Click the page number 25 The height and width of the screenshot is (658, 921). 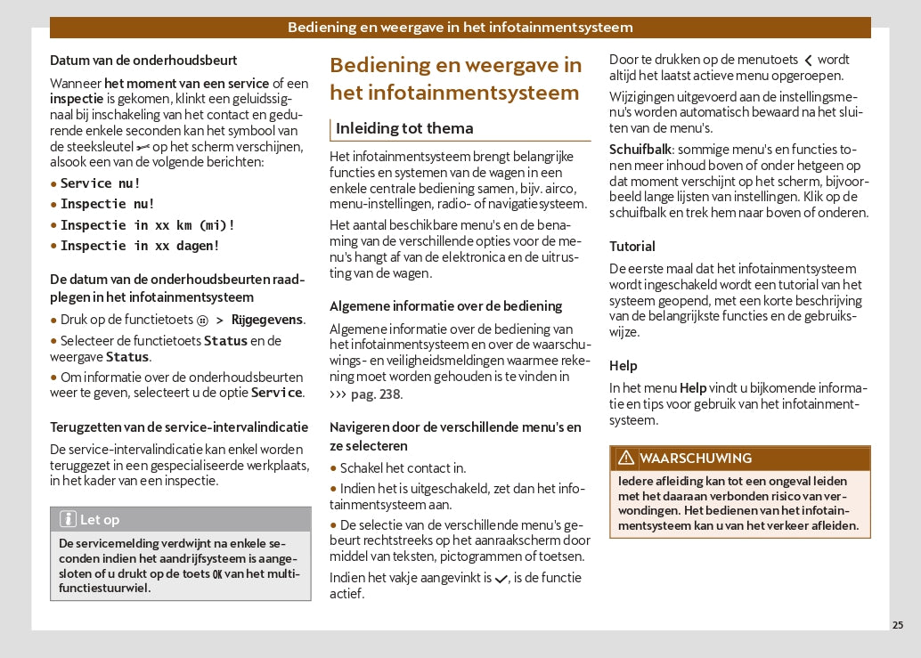click(x=897, y=625)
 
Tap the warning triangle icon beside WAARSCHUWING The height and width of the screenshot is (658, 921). click(x=626, y=458)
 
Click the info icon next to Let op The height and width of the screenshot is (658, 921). click(x=68, y=519)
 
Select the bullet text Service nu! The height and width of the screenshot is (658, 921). click(x=101, y=183)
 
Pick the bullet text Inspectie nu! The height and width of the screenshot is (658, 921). click(x=108, y=204)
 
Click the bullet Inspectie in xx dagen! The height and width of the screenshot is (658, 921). click(x=140, y=246)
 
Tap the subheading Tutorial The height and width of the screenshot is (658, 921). click(x=632, y=247)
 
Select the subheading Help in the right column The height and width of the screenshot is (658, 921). click(x=624, y=366)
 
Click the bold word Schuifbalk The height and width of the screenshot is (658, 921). click(x=640, y=150)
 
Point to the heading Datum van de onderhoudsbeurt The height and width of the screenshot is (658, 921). click(x=143, y=61)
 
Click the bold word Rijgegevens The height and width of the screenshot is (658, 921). click(x=266, y=320)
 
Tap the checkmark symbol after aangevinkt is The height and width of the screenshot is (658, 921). click(x=501, y=579)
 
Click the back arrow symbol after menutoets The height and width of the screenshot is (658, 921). click(x=808, y=61)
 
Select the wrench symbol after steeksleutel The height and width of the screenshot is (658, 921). click(x=143, y=147)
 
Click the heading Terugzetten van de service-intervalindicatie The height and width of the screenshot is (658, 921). click(x=179, y=427)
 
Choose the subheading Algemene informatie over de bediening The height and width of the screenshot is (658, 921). click(x=446, y=306)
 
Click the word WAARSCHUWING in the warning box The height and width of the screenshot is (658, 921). click(x=696, y=459)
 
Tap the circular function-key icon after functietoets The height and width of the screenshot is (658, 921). click(x=202, y=320)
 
